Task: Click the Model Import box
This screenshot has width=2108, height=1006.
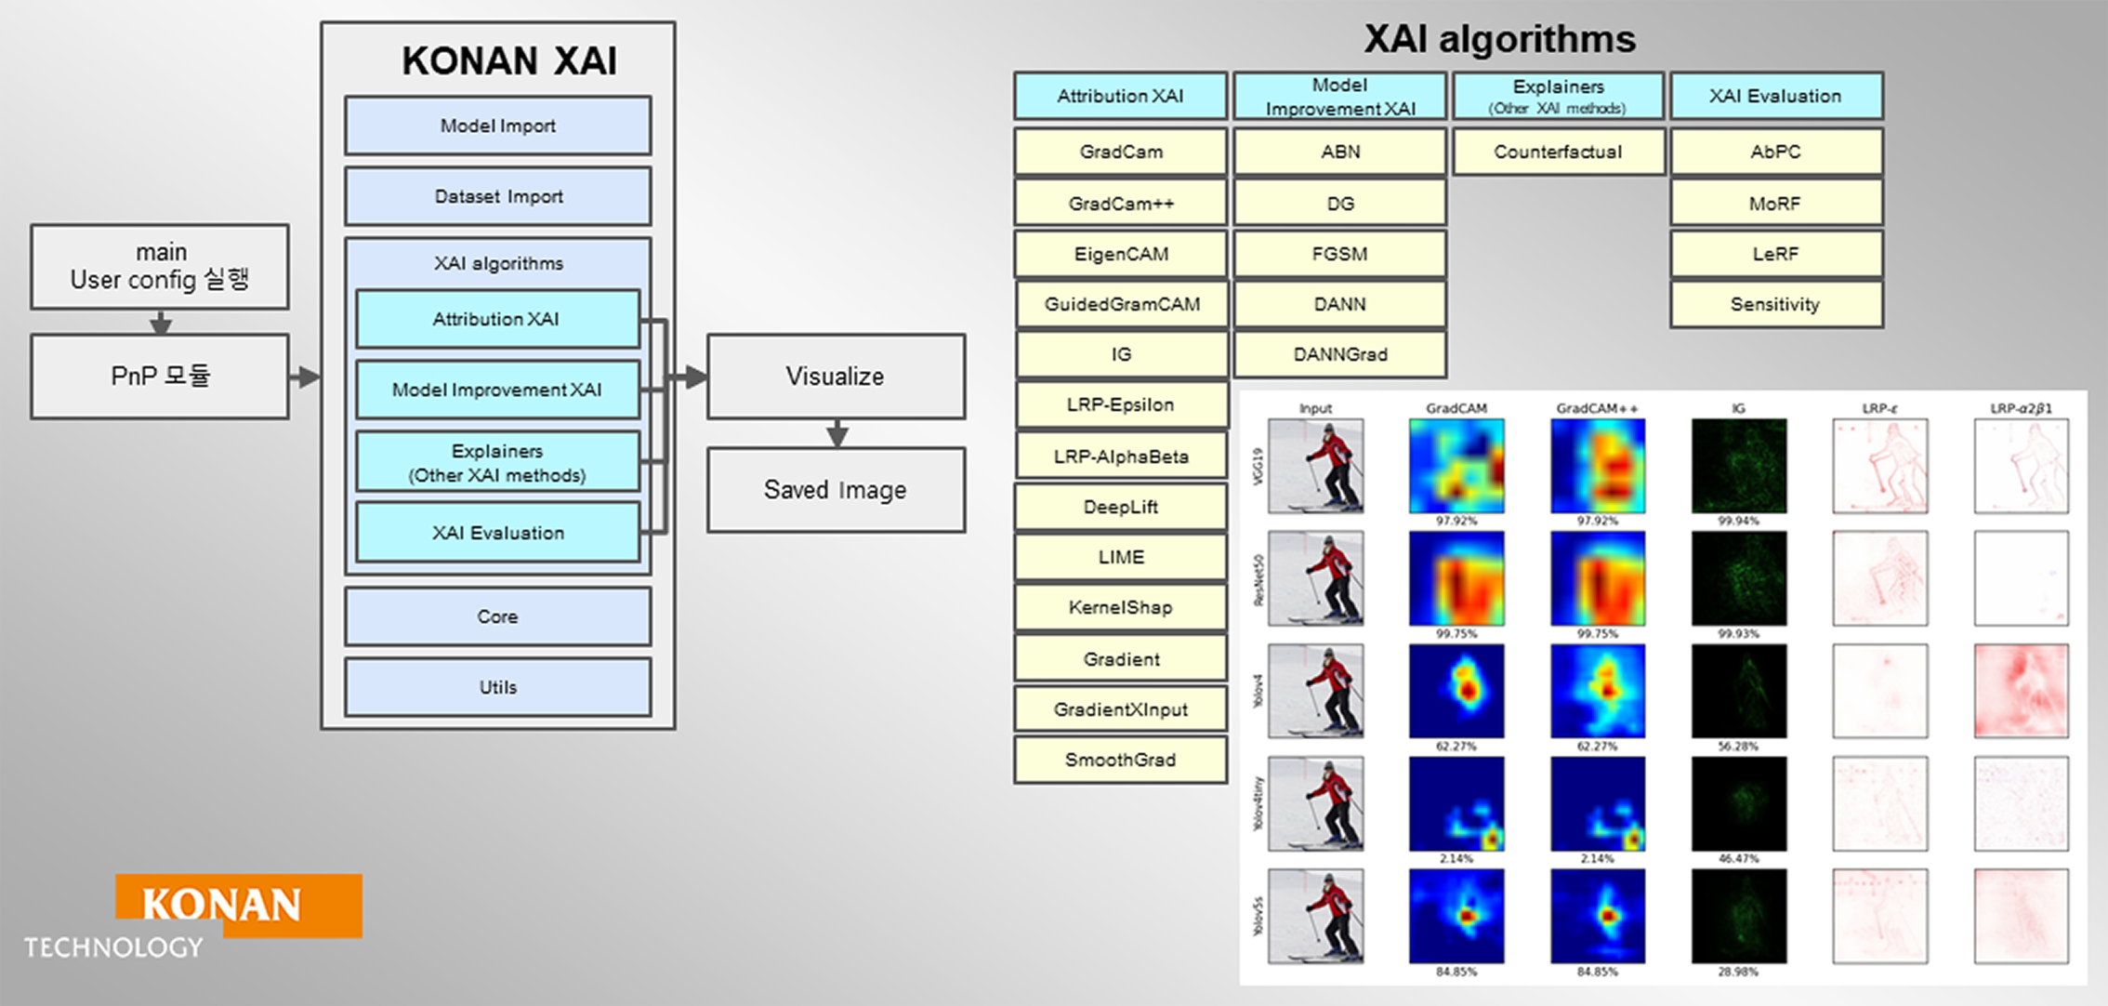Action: click(x=497, y=126)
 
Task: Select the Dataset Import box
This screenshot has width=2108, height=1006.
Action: click(x=497, y=196)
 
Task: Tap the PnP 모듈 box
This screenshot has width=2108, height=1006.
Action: click(x=160, y=376)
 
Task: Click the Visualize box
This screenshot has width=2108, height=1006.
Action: click(x=836, y=376)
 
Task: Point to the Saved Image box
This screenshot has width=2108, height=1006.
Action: click(x=836, y=490)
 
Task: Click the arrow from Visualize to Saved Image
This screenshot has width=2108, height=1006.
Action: click(x=837, y=433)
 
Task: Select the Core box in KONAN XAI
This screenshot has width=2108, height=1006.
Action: click(x=497, y=616)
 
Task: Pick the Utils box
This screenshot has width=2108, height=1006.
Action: click(x=497, y=687)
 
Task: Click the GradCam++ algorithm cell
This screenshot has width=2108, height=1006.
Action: click(x=1121, y=203)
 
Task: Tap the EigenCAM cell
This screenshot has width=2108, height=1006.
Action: click(x=1121, y=254)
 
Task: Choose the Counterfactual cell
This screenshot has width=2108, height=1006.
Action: click(x=1558, y=152)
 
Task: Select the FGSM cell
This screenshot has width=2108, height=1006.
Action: click(x=1339, y=254)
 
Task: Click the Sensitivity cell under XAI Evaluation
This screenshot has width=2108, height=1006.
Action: click(x=1775, y=304)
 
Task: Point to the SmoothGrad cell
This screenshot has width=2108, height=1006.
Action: click(x=1121, y=760)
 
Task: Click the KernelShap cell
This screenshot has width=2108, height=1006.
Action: click(x=1121, y=608)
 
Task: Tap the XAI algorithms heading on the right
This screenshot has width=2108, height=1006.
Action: click(x=1499, y=39)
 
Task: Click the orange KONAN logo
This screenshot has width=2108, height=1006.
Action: click(x=238, y=905)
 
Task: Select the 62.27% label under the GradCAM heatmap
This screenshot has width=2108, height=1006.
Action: click(x=1456, y=746)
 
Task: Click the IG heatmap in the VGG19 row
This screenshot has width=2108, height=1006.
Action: click(x=1738, y=465)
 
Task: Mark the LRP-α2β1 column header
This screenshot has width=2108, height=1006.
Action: click(x=2021, y=408)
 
